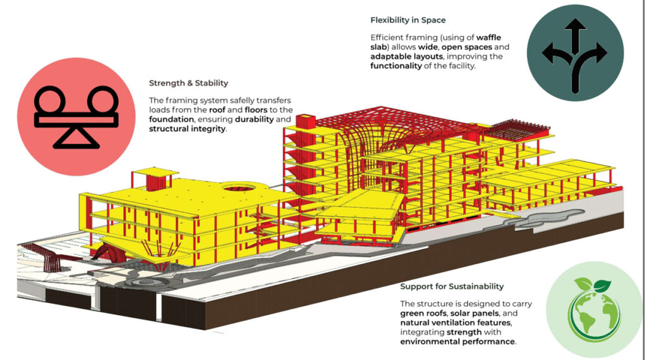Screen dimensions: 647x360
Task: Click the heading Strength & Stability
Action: tap(188, 83)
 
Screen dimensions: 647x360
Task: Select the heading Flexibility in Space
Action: tap(408, 20)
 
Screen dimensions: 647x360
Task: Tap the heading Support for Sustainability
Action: tap(452, 286)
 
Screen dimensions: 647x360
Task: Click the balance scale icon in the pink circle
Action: tap(76, 117)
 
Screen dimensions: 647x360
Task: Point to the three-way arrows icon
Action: tap(575, 55)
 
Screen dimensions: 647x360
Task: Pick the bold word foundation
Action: tap(171, 119)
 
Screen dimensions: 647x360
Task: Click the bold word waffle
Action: tap(488, 37)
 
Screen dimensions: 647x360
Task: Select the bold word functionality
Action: tap(396, 66)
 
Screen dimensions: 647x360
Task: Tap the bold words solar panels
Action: tap(475, 313)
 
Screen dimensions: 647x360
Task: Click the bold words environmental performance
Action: tap(457, 342)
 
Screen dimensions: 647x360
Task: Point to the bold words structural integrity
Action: tap(187, 129)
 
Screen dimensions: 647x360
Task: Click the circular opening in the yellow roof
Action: tap(238, 188)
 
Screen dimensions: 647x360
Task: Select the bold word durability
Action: tap(254, 119)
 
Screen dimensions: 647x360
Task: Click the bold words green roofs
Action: tap(423, 313)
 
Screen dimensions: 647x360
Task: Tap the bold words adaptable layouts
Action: tap(406, 56)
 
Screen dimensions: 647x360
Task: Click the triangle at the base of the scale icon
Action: tap(76, 138)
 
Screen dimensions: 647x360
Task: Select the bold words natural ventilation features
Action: tap(456, 323)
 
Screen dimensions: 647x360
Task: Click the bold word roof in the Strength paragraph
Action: tap(217, 110)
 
